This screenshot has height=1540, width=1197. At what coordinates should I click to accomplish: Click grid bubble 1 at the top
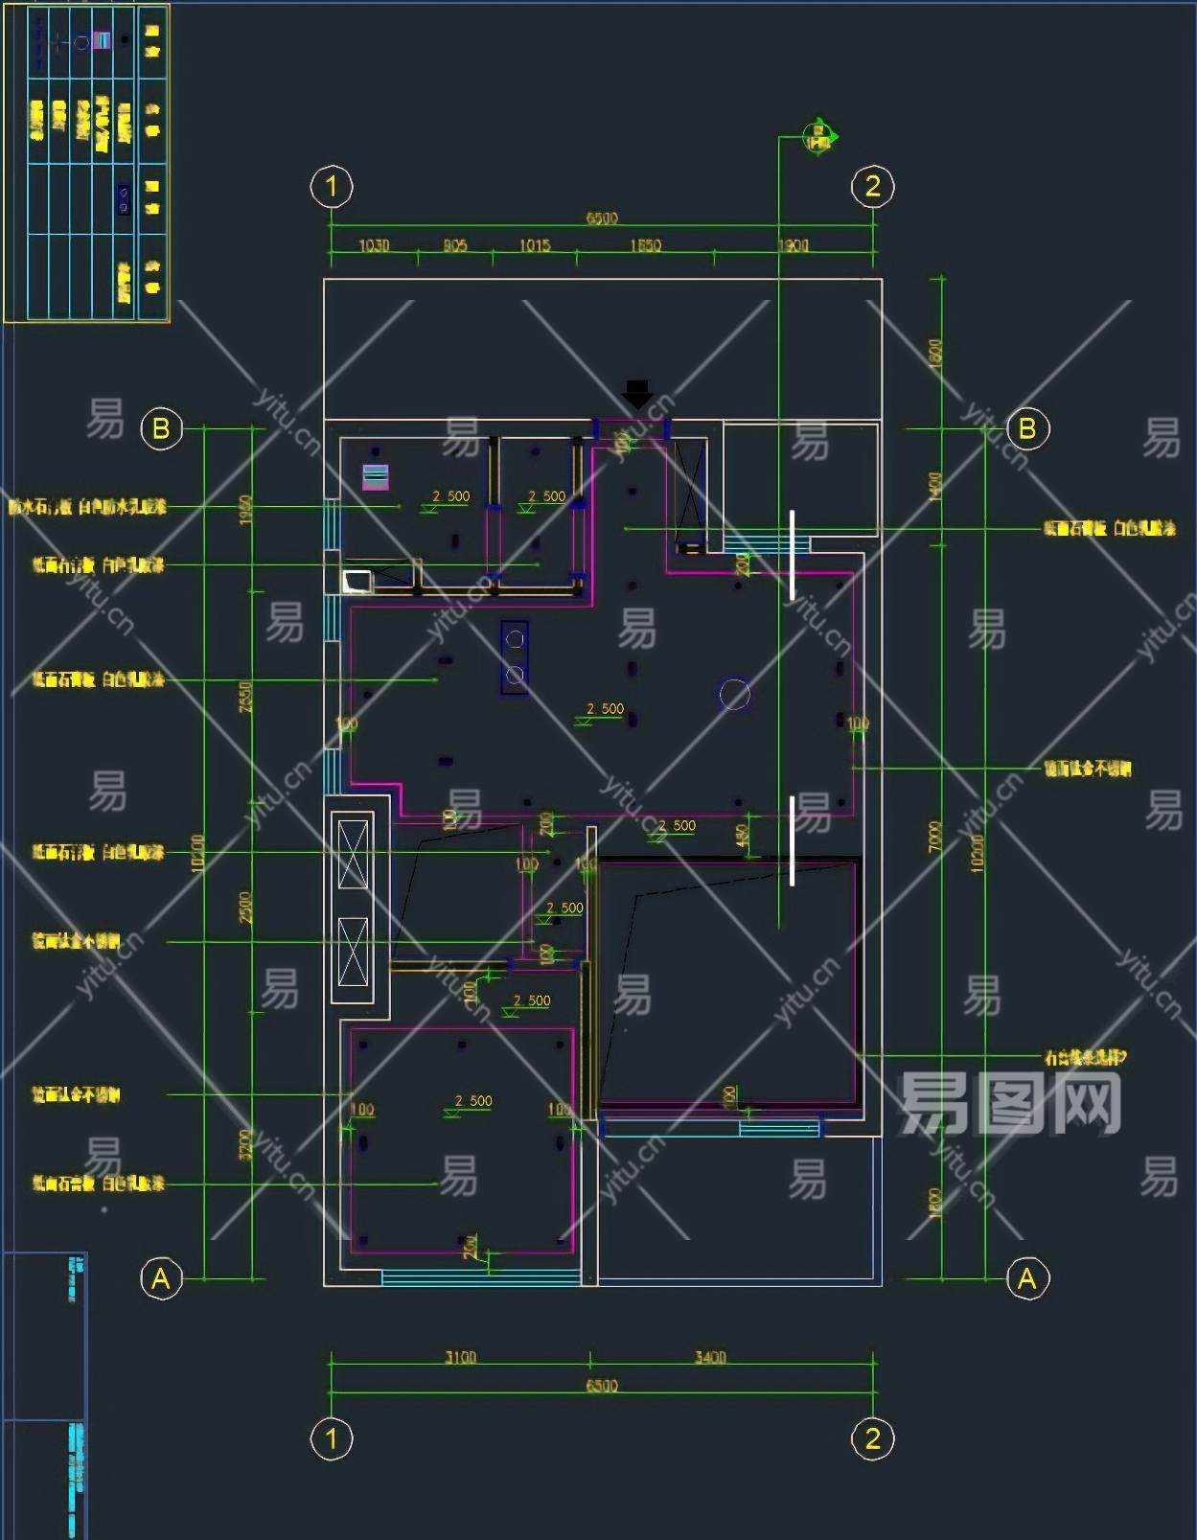[x=332, y=186]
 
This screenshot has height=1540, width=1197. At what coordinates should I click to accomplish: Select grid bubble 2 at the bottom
[x=872, y=1438]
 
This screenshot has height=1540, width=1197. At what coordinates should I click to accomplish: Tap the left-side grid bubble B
[x=161, y=428]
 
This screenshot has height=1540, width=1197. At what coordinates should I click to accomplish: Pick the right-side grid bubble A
[x=1027, y=1278]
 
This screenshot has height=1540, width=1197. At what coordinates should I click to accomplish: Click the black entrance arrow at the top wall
[x=637, y=393]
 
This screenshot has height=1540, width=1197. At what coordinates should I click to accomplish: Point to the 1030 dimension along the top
[x=374, y=246]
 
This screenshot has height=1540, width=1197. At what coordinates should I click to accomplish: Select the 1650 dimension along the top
[x=645, y=246]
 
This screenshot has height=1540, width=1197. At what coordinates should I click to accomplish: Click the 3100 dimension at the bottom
[x=460, y=1358]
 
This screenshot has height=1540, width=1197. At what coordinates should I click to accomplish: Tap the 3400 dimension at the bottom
[x=710, y=1358]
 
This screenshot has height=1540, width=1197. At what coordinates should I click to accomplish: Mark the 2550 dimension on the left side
[x=245, y=697]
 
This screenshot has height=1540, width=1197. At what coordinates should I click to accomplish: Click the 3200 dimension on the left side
[x=245, y=1144]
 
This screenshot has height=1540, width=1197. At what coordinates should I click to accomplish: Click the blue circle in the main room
[x=735, y=695]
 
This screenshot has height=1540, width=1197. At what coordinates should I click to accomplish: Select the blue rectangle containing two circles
[x=515, y=657]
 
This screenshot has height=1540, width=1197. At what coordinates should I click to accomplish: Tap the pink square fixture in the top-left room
[x=375, y=476]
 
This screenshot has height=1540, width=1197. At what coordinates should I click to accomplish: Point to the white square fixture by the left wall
[x=357, y=581]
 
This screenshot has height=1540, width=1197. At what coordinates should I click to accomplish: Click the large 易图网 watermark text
[x=1010, y=1104]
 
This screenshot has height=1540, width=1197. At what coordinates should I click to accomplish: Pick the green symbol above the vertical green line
[x=819, y=137]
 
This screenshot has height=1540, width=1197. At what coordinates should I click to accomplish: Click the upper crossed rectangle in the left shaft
[x=353, y=853]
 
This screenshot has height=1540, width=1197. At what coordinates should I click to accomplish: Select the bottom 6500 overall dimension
[x=602, y=1386]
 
